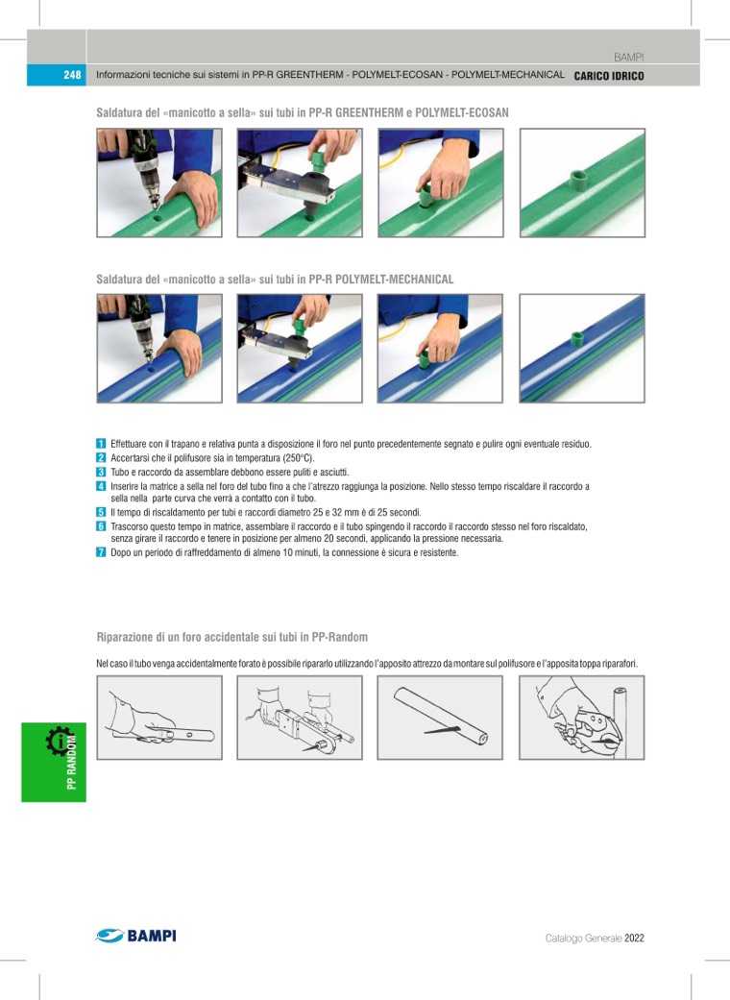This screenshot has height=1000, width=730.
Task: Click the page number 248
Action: (72, 75)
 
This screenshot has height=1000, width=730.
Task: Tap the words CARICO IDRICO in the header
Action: (609, 76)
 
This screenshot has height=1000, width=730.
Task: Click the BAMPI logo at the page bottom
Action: (135, 936)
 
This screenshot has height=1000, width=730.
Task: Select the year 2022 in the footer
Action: (634, 939)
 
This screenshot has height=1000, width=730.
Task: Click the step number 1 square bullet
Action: (101, 443)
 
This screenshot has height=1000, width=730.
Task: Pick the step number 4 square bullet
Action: (101, 486)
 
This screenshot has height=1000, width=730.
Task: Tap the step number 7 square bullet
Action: (101, 552)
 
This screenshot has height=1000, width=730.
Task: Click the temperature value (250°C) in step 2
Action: (299, 458)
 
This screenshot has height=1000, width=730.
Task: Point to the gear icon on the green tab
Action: (59, 741)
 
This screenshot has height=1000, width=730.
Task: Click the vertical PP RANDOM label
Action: (72, 762)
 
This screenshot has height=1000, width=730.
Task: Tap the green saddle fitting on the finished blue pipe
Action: (577, 339)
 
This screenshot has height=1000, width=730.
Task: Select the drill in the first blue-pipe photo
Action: (141, 328)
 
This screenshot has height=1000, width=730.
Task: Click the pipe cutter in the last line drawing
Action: (587, 730)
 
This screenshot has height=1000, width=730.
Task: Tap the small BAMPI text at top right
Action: (628, 58)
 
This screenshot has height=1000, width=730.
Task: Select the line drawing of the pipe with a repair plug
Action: (440, 717)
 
